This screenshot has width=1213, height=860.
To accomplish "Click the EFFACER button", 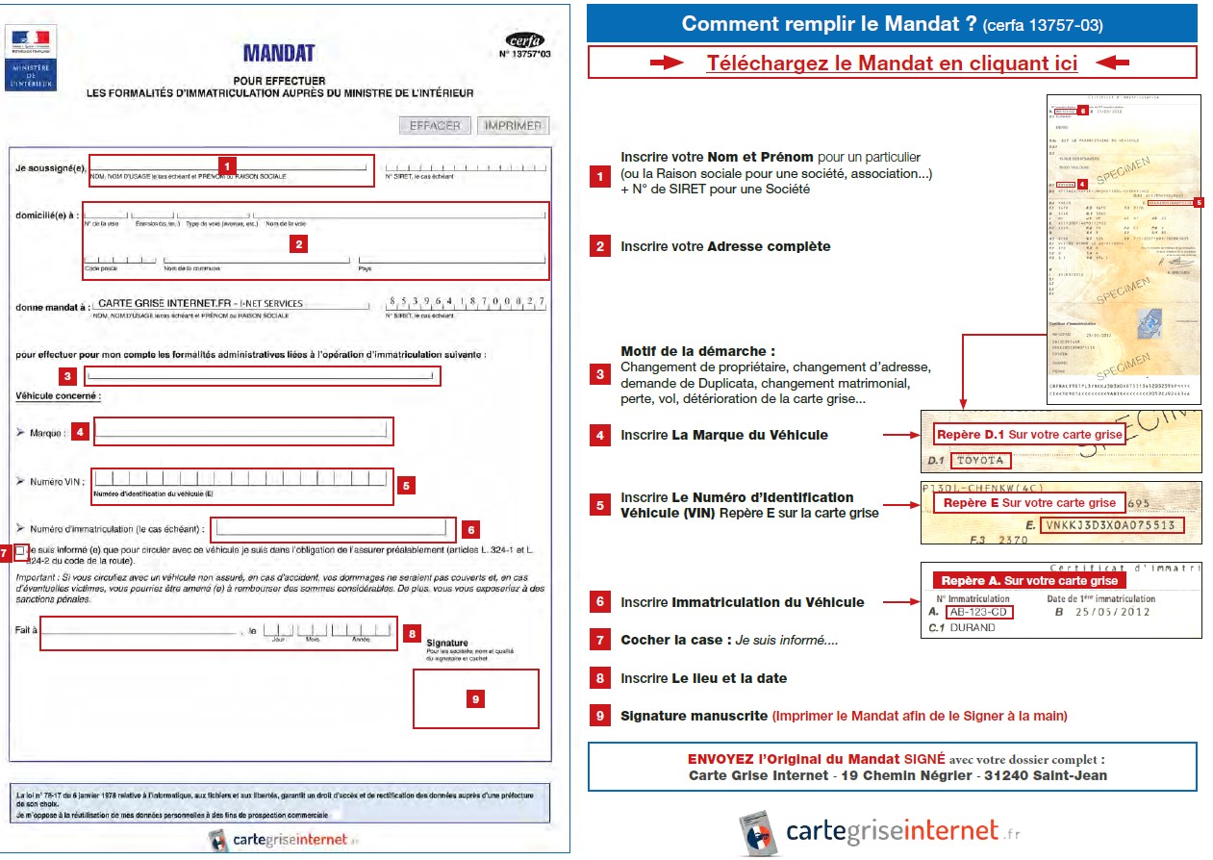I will pos(435,125).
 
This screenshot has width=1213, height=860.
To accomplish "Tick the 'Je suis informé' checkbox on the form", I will pos(21,551).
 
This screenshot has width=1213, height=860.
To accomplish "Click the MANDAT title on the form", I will pos(279,53).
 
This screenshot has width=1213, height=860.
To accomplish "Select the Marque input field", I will pos(244,431).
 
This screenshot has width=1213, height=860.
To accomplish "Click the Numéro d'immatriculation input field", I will pos(332,527).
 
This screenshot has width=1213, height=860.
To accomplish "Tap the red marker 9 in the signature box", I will pos(475,699).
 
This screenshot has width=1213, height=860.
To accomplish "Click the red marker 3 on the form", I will pos(67,376).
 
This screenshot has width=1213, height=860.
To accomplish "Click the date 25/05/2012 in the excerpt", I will pos(1111,612).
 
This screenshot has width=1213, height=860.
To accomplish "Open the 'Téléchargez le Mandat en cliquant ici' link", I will pos(892,63).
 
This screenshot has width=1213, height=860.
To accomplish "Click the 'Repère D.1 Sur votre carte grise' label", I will pos(1029,435).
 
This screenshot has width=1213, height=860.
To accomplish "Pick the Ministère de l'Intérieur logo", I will pos(32,59).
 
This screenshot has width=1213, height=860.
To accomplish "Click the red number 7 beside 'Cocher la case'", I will pos(600,640).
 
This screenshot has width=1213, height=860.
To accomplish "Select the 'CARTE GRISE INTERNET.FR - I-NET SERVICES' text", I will pos(200,303).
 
